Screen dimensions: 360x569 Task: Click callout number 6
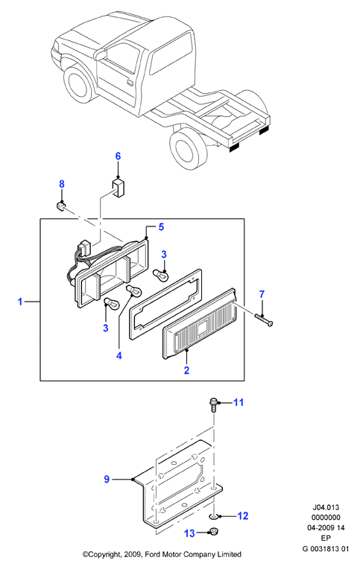click(x=118, y=156)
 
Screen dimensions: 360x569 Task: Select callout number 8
click(x=62, y=184)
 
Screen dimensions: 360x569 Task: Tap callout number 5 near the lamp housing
click(x=161, y=227)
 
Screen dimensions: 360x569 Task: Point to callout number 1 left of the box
click(x=20, y=301)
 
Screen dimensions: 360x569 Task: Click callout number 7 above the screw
click(x=262, y=294)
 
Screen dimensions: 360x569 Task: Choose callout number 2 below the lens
click(x=186, y=370)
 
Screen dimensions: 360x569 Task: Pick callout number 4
click(x=119, y=356)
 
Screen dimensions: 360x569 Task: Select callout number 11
click(x=239, y=402)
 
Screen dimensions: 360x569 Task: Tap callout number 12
click(x=243, y=515)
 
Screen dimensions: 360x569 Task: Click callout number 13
click(x=189, y=533)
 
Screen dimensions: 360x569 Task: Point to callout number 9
click(x=107, y=480)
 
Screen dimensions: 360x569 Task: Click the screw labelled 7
click(x=264, y=320)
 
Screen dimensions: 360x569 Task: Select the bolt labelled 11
click(x=213, y=404)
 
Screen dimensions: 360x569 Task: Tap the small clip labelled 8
click(x=61, y=206)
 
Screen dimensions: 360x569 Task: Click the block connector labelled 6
click(x=118, y=188)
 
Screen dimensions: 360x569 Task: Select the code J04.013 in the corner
click(x=326, y=507)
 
